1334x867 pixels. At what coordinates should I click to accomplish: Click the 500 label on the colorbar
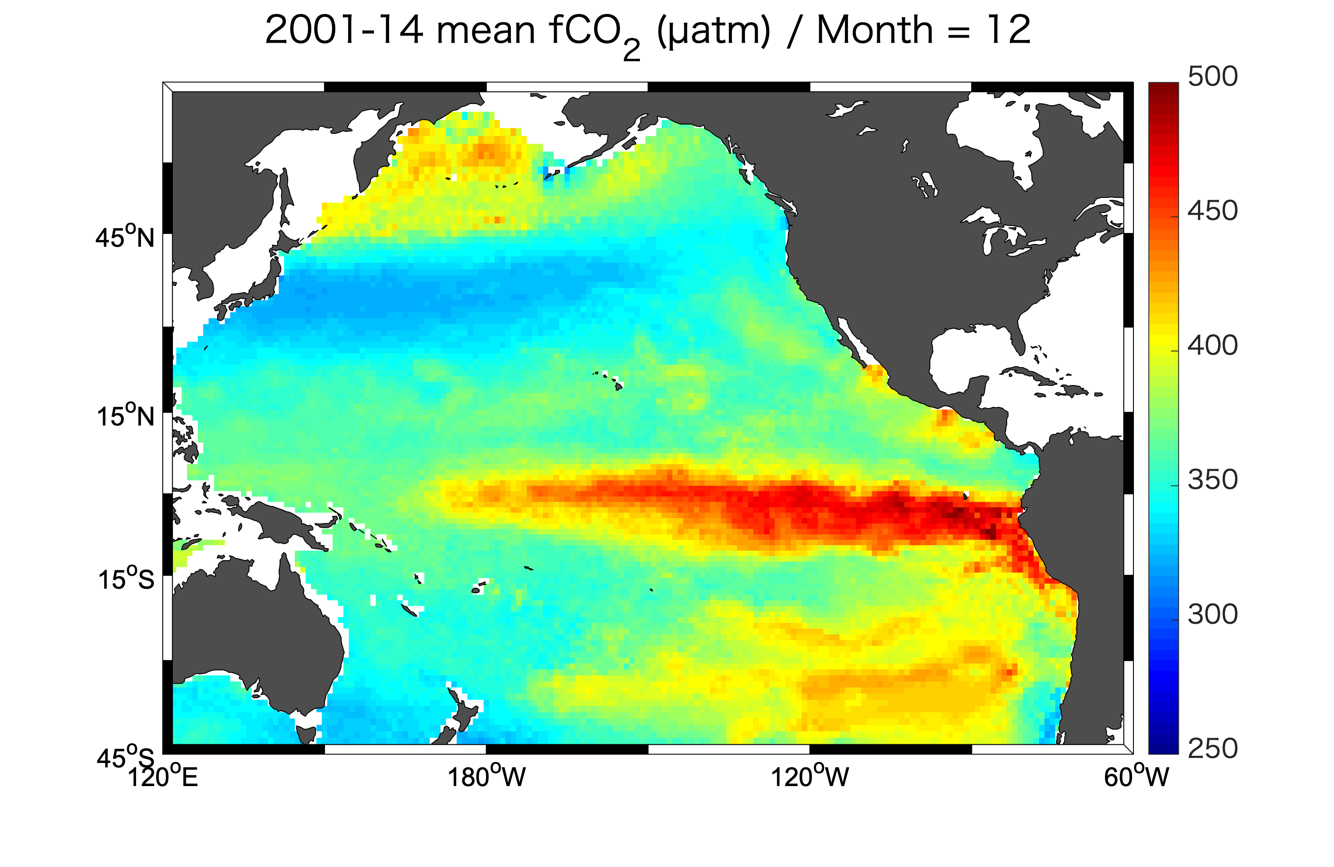[1212, 77]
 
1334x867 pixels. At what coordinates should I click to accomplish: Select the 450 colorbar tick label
[1212, 211]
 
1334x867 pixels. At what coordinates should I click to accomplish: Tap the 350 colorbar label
[1212, 480]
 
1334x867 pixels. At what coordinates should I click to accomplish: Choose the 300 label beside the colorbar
[1212, 615]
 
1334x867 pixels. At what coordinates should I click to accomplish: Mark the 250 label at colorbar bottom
[1212, 749]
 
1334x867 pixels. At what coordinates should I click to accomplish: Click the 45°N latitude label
[125, 237]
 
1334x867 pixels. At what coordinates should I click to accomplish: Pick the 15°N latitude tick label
[125, 416]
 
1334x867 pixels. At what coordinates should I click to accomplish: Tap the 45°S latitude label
[125, 758]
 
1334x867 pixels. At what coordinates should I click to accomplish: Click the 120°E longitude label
[163, 777]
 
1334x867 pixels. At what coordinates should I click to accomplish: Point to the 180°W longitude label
[486, 777]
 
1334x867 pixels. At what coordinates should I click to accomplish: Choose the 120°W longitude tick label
[809, 777]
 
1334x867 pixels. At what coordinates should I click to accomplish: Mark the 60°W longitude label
[1136, 777]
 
